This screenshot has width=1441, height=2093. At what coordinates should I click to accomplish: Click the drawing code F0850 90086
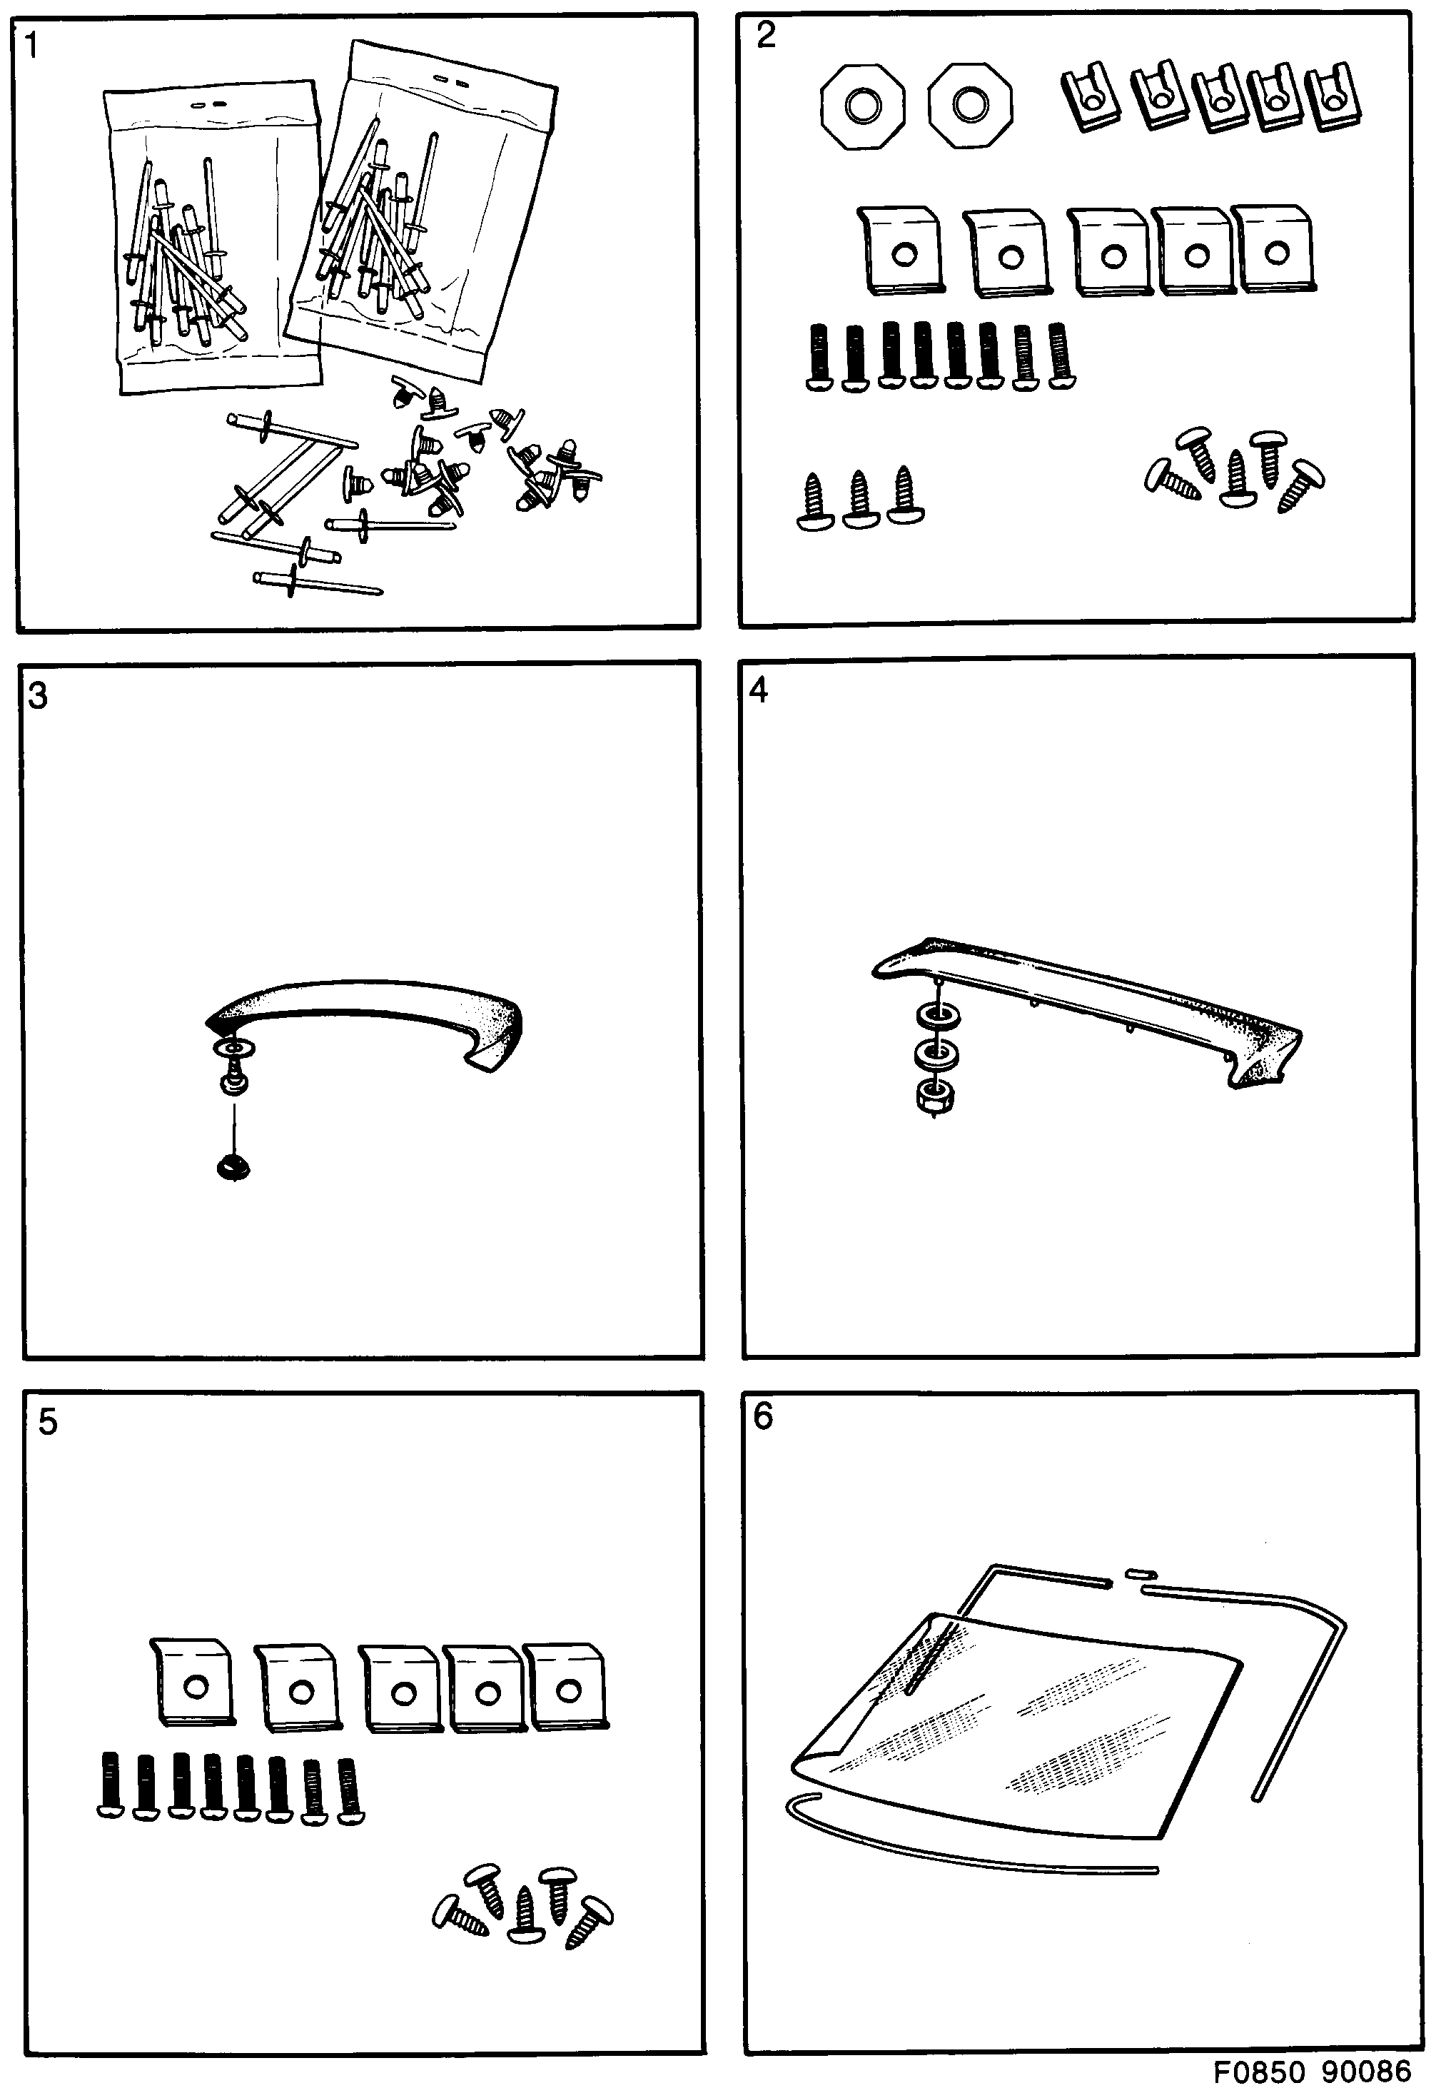[x=1311, y=2070]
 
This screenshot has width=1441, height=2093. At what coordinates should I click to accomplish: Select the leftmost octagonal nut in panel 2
[x=862, y=106]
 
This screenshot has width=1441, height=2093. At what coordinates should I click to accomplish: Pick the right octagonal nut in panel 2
[x=971, y=105]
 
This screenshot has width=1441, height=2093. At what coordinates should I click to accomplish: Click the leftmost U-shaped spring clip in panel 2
[x=1091, y=96]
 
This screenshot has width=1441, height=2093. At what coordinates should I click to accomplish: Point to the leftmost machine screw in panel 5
[x=110, y=1784]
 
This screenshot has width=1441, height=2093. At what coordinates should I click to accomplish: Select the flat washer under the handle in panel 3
[x=235, y=1049]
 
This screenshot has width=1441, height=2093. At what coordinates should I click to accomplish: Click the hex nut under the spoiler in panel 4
[x=936, y=1096]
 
